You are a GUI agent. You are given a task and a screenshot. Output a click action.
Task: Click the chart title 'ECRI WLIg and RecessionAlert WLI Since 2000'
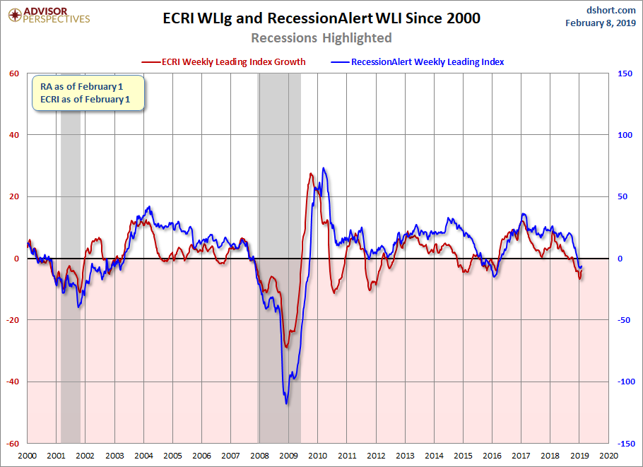point(321,18)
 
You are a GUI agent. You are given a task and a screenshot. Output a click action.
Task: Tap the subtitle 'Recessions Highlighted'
point(321,37)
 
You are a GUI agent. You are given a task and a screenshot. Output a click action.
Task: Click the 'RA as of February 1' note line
point(81,87)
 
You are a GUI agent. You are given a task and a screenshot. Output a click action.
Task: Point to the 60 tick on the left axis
point(13,73)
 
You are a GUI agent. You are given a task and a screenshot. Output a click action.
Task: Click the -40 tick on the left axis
point(13,382)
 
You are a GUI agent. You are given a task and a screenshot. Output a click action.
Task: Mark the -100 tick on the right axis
point(624,382)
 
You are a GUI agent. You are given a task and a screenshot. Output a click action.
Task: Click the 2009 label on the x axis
point(288,456)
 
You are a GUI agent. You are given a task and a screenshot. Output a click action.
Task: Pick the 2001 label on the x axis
point(57,456)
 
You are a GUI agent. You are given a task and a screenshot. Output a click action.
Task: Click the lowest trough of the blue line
point(286,403)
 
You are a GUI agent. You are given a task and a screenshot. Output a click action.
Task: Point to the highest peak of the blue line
point(324,168)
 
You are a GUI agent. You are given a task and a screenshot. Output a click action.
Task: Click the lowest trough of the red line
point(286,347)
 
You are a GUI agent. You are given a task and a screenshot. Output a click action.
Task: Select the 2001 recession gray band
point(70,283)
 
